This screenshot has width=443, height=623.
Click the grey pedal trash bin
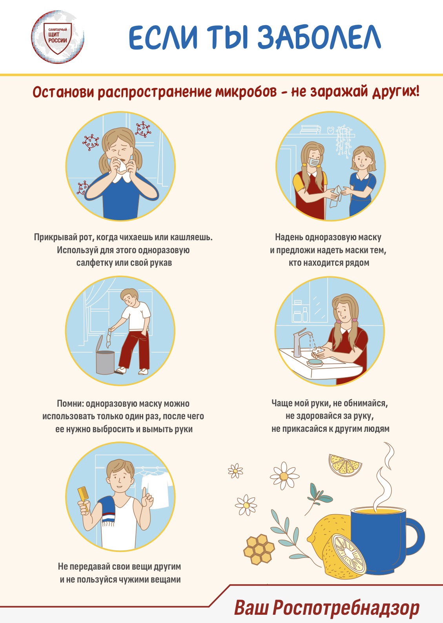105,359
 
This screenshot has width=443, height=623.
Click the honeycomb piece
259,550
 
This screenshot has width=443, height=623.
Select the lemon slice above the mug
345,465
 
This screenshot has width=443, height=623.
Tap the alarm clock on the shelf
330,130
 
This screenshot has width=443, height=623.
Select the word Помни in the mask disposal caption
70,404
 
